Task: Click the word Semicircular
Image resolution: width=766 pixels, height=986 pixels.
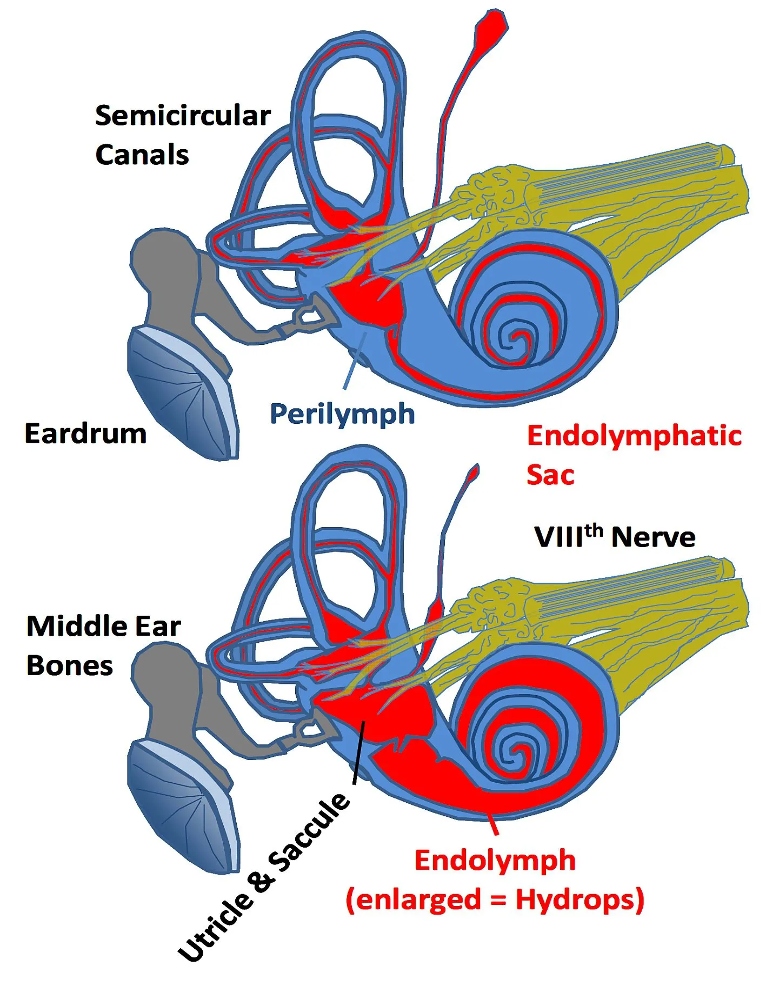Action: coord(183,116)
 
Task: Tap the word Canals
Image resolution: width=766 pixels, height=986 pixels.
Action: coord(142,155)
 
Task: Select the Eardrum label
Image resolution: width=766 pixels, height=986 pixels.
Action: coord(85,434)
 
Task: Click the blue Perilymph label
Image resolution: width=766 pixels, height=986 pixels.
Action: coord(342,415)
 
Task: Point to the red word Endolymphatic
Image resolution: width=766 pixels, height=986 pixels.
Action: coord(634,436)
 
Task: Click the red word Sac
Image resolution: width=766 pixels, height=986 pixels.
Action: coord(550,475)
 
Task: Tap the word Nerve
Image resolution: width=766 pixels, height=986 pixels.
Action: coord(653,537)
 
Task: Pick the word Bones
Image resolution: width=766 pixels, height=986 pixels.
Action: coord(70,665)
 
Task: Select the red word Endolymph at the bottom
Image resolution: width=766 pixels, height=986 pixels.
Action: coord(495,860)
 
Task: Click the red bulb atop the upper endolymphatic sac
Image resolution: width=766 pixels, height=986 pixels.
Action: coord(491,24)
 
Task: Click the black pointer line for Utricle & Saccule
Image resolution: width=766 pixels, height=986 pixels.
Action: coord(359,751)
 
